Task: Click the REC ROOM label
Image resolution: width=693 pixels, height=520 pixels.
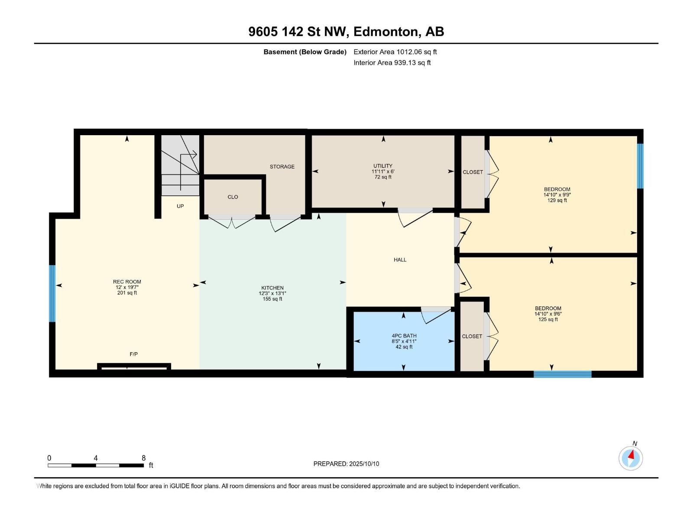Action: tap(127, 282)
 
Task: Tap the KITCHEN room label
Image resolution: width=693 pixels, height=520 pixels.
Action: tap(272, 288)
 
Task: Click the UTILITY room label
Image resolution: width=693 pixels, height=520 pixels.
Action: tap(383, 166)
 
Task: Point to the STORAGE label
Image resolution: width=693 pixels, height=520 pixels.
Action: tap(282, 167)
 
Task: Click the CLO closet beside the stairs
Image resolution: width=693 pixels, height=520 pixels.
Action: tap(233, 197)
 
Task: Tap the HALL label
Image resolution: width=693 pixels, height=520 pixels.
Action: tap(400, 260)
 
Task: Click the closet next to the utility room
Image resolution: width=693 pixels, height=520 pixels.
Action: tap(473, 172)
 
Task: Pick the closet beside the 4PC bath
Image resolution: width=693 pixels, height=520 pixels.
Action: tap(472, 337)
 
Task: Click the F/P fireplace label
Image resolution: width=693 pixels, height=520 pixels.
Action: tap(134, 354)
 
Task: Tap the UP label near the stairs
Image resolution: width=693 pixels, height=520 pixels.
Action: tap(180, 206)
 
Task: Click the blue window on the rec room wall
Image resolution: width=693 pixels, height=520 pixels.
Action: tap(52, 293)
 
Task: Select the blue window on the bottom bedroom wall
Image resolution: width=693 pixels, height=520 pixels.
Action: tap(562, 374)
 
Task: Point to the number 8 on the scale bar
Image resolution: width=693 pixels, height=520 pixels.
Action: tap(143, 458)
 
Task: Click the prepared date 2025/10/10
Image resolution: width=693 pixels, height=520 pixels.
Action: tap(364, 464)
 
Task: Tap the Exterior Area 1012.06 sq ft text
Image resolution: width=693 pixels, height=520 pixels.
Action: tap(395, 52)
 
